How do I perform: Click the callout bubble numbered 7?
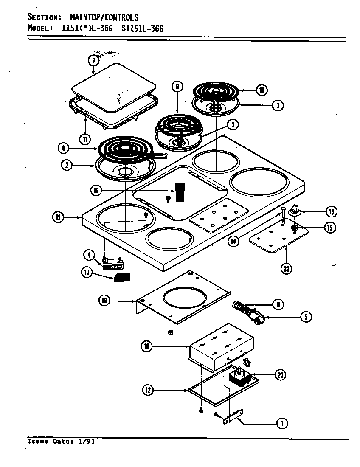[x=94, y=60]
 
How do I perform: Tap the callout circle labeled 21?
[x=58, y=217]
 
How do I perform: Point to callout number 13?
[x=331, y=211]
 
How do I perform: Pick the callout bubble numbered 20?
[x=280, y=374]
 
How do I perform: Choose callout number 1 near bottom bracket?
[x=281, y=423]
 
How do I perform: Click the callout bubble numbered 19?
[x=104, y=301]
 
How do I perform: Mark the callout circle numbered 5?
[x=306, y=317]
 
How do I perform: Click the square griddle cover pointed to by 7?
[x=113, y=87]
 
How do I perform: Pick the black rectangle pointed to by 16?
[x=180, y=192]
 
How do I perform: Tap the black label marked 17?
[x=122, y=278]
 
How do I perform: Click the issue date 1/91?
[x=87, y=442]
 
